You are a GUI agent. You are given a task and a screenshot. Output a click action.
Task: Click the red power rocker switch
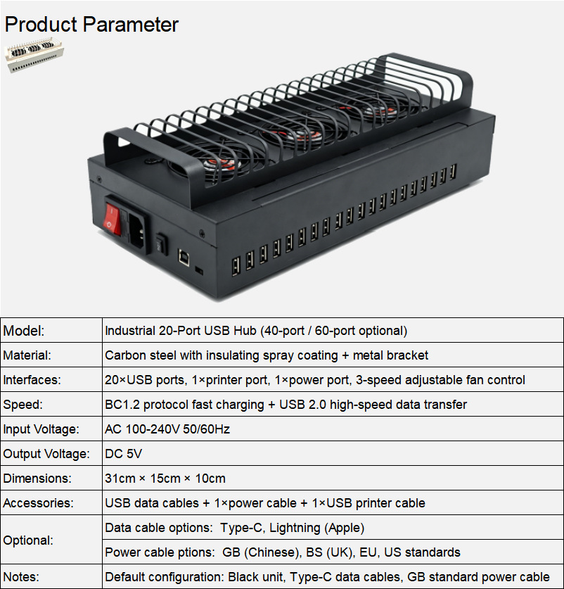click(113, 220)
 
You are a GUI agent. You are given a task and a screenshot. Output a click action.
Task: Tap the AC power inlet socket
click(136, 232)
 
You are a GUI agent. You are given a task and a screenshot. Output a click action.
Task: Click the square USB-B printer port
click(184, 258)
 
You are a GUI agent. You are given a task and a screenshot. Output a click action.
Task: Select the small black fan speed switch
click(162, 245)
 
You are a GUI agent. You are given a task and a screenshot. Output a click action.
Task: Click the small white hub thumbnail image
click(34, 54)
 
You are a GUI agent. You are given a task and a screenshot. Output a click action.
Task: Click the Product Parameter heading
click(91, 25)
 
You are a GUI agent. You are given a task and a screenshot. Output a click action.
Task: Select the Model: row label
click(24, 331)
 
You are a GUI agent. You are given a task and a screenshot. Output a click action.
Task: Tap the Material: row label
click(27, 355)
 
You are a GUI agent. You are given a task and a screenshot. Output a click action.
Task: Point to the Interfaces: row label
click(32, 380)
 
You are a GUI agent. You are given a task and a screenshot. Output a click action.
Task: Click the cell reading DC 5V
click(124, 454)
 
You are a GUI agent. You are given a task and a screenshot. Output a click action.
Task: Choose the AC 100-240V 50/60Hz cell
click(167, 429)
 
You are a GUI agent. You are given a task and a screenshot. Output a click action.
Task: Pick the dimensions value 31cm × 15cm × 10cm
click(165, 479)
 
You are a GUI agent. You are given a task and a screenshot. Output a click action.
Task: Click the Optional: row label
click(28, 540)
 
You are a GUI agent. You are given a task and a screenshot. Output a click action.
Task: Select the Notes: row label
click(21, 576)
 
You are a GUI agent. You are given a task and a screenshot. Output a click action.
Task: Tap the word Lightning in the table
click(295, 528)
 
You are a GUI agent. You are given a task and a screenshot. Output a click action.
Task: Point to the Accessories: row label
click(38, 503)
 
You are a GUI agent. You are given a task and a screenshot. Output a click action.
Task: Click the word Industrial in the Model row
click(130, 331)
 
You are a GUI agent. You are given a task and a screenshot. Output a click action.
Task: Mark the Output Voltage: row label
click(46, 454)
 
